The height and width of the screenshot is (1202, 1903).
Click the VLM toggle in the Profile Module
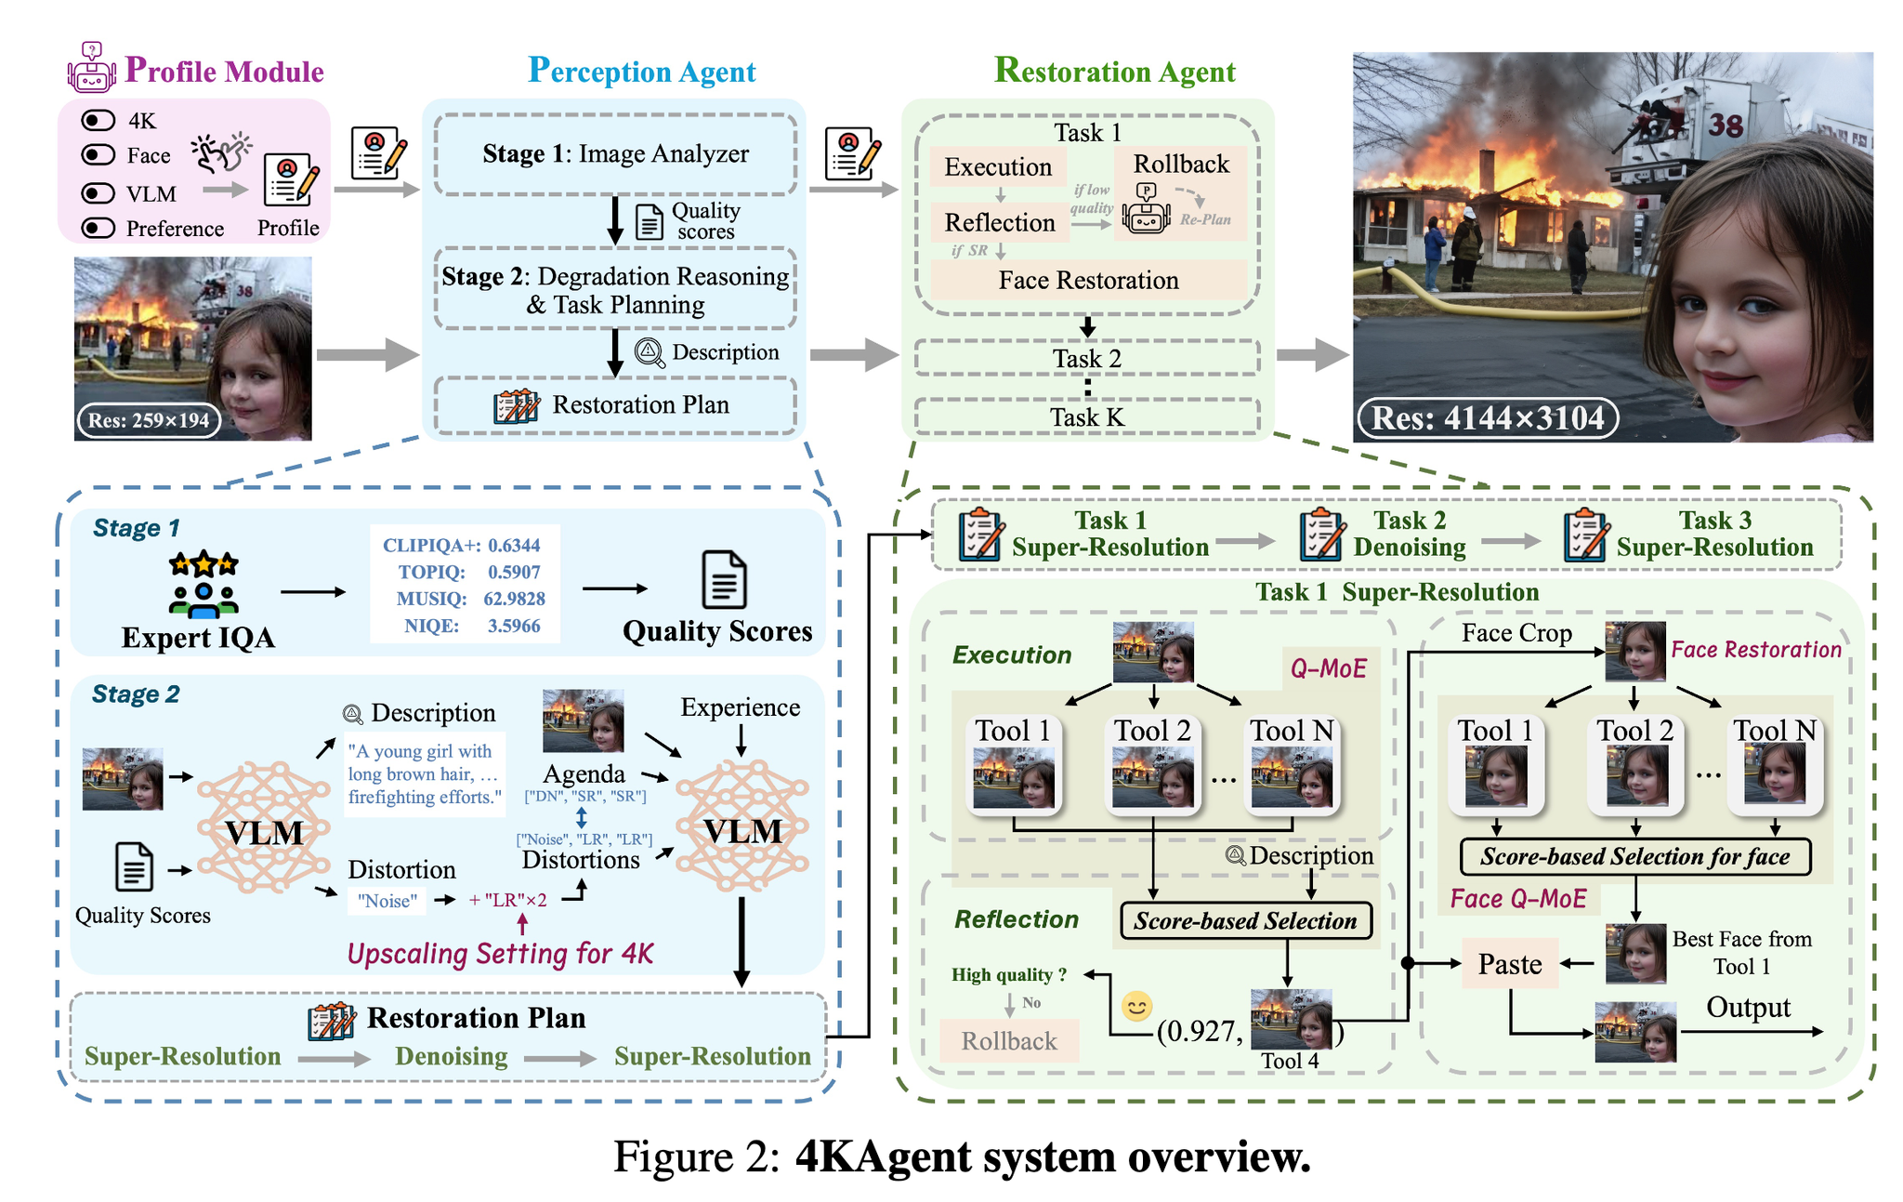[x=98, y=193]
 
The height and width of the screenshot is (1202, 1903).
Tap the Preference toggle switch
[x=98, y=229]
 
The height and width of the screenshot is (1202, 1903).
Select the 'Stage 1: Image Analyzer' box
[x=615, y=154]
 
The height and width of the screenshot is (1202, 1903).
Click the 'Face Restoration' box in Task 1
[x=1088, y=280]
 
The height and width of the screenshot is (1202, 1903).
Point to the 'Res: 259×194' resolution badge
[x=149, y=420]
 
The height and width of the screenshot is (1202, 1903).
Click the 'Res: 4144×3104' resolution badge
[x=1488, y=418]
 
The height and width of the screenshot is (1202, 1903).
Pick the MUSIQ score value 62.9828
[x=514, y=599]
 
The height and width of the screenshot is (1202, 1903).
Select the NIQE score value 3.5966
[x=514, y=626]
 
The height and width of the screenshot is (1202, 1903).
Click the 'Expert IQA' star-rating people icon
[x=203, y=585]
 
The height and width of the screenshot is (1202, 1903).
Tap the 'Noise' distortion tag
[x=387, y=901]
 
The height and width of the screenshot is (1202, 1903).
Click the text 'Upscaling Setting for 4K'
[x=500, y=955]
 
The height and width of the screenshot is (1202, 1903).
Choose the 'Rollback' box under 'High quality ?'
[x=1009, y=1041]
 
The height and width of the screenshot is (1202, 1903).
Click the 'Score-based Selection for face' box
[x=1635, y=857]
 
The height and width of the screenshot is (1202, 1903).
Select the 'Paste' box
[x=1510, y=964]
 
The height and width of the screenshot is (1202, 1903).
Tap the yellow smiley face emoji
[x=1137, y=1006]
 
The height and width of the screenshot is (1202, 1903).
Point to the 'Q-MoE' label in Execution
[x=1328, y=668]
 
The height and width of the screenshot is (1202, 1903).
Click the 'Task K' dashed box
[x=1087, y=417]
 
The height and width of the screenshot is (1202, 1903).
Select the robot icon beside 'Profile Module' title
[x=91, y=67]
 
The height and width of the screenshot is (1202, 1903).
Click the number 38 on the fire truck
[x=1726, y=125]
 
